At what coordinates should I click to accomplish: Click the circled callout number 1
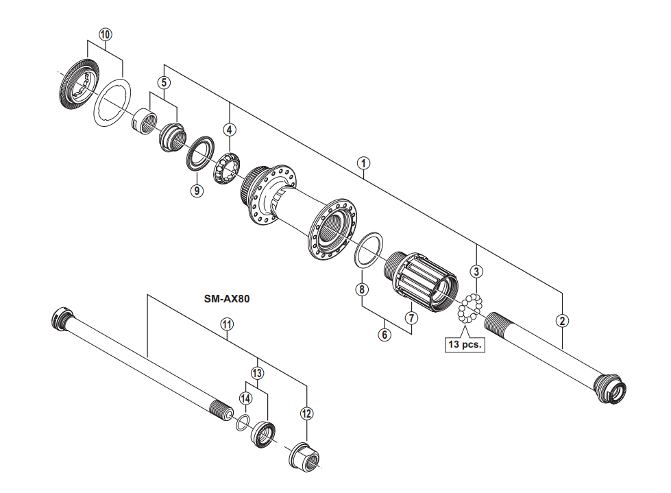coord(364,163)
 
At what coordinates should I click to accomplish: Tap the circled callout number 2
coord(562,320)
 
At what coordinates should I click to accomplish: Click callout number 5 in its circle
coord(164,82)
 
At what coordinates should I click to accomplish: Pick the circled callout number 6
coord(385,335)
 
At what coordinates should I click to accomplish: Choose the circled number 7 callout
coord(411,318)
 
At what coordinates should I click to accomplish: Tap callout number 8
coord(362,289)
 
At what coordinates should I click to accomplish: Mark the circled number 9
coord(197,191)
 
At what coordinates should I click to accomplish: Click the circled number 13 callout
coord(257,373)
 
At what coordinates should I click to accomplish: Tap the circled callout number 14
coord(245,398)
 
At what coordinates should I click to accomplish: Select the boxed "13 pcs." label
coord(464,345)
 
